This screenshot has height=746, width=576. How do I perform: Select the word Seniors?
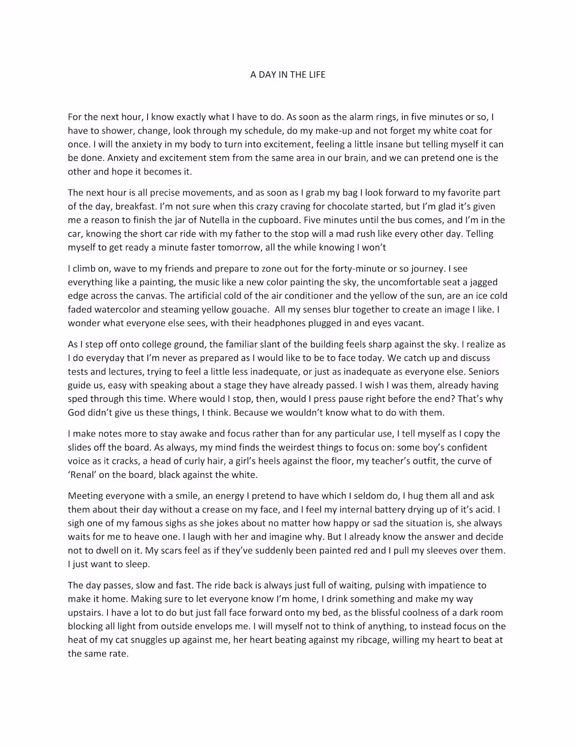[x=484, y=371]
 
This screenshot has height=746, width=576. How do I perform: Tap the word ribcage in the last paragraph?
[x=368, y=640]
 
